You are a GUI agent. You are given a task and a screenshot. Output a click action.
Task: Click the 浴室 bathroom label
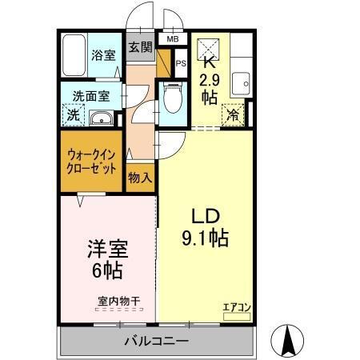click(x=103, y=57)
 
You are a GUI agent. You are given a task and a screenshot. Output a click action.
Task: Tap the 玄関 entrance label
click(x=141, y=46)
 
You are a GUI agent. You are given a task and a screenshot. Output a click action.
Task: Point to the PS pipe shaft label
click(x=181, y=64)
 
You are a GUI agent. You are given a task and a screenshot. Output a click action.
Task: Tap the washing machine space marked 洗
click(x=71, y=115)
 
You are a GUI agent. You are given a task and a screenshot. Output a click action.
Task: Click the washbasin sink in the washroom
click(x=102, y=119)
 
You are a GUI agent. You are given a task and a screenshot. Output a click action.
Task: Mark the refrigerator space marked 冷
click(x=232, y=115)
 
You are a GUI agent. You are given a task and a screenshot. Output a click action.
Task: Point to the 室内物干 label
click(x=118, y=301)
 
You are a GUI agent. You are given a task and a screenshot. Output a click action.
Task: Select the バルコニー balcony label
click(x=155, y=342)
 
